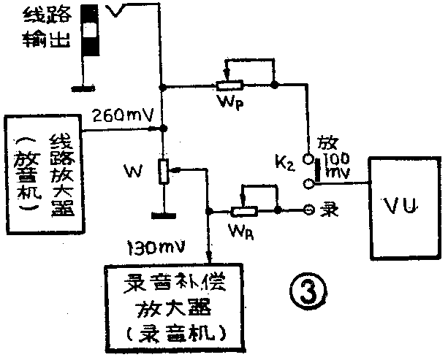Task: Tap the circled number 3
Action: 302,293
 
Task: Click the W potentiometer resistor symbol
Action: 163,170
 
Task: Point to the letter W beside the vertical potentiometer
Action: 132,173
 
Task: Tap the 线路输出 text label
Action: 42,26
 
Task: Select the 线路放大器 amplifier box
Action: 42,172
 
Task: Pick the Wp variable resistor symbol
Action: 231,85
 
